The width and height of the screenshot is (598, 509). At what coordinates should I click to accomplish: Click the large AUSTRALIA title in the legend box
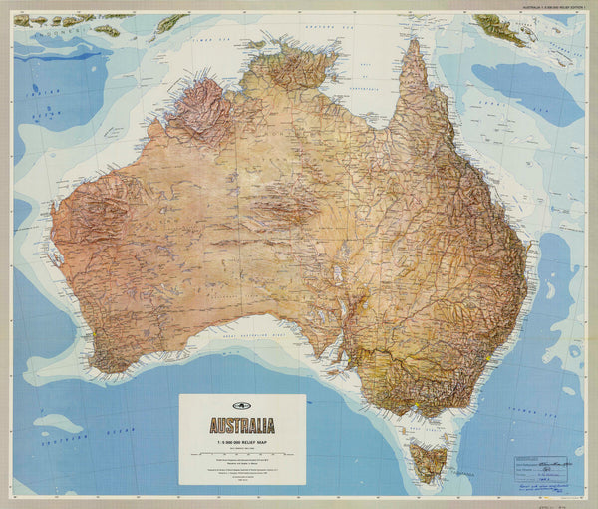tap(242, 421)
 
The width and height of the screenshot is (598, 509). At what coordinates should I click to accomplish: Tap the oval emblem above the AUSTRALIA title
tap(242, 403)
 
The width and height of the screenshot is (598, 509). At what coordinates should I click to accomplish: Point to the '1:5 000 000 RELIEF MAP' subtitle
tap(242, 436)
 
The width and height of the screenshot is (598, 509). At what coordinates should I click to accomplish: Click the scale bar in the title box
tap(242, 450)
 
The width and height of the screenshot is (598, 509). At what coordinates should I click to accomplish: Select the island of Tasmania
tap(430, 462)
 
